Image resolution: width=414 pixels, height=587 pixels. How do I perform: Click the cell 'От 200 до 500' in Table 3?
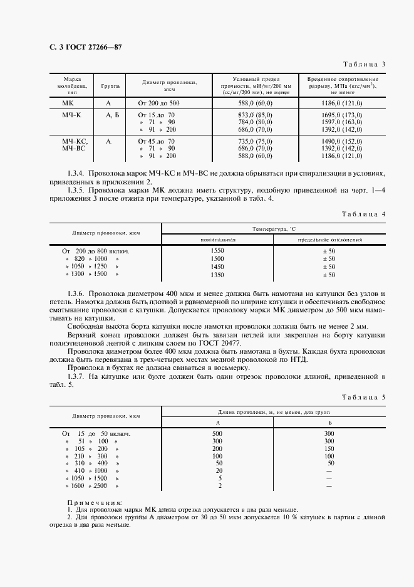(x=158, y=103)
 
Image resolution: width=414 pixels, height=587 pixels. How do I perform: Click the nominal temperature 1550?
(x=217, y=250)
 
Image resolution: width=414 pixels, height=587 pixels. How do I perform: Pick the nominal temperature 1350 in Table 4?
(x=217, y=275)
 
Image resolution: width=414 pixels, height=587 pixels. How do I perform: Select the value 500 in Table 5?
(x=217, y=433)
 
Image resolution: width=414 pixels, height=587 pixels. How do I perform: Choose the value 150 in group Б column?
(x=329, y=449)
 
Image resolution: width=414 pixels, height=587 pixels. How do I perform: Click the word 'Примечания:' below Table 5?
(x=95, y=502)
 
